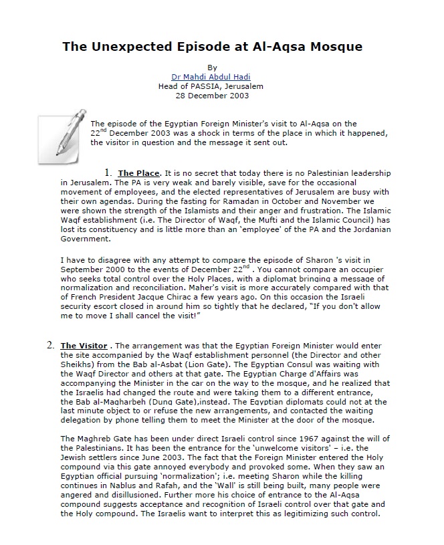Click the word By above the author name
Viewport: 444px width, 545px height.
[x=213, y=68]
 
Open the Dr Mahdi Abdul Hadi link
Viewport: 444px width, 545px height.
[x=211, y=77]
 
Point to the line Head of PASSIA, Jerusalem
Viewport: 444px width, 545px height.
[x=211, y=86]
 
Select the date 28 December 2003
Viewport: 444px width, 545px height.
[x=211, y=95]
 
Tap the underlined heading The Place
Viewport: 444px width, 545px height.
[x=138, y=174]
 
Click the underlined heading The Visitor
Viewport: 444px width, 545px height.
[x=84, y=346]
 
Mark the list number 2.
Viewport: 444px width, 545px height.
[x=50, y=345]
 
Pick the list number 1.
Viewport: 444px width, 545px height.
[x=108, y=173]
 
